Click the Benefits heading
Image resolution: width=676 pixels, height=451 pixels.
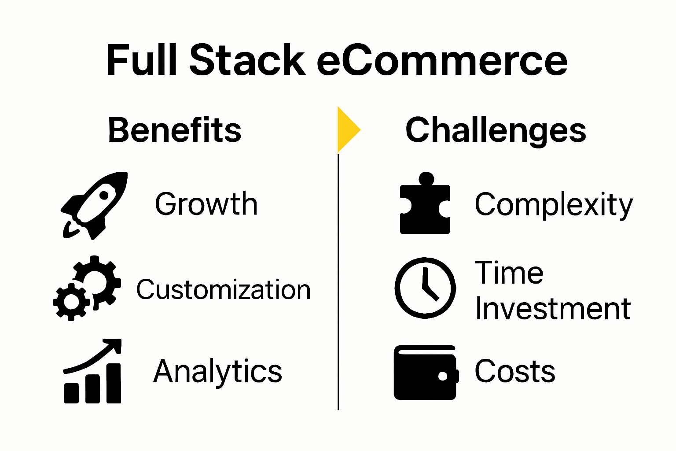click(x=175, y=130)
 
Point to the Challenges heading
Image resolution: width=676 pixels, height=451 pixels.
click(x=496, y=130)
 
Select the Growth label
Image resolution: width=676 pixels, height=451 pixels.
click(x=206, y=204)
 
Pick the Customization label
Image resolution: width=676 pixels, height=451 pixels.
click(x=223, y=290)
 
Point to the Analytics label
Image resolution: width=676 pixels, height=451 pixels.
click(x=217, y=371)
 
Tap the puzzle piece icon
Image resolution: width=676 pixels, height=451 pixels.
click(x=425, y=205)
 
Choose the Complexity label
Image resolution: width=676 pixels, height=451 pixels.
click(x=554, y=205)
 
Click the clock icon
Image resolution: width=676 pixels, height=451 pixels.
click(x=425, y=288)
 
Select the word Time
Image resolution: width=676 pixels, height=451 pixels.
click(x=509, y=273)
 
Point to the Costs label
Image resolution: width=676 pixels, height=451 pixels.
click(x=514, y=371)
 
